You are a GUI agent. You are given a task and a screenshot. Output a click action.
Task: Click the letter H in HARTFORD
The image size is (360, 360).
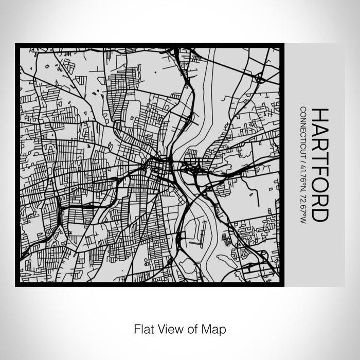[318, 115]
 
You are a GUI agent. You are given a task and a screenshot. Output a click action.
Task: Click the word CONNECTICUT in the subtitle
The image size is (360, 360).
[303, 131]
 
